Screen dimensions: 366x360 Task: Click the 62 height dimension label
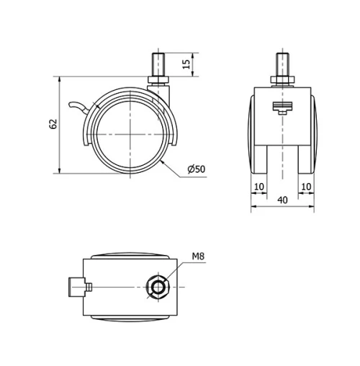pyautogui.click(x=53, y=124)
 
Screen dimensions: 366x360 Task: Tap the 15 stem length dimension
pyautogui.click(x=186, y=64)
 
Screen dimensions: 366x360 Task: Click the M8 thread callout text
pyautogui.click(x=199, y=255)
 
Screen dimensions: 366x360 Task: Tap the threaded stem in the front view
pyautogui.click(x=282, y=63)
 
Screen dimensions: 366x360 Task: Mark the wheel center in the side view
pyautogui.click(x=130, y=134)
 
